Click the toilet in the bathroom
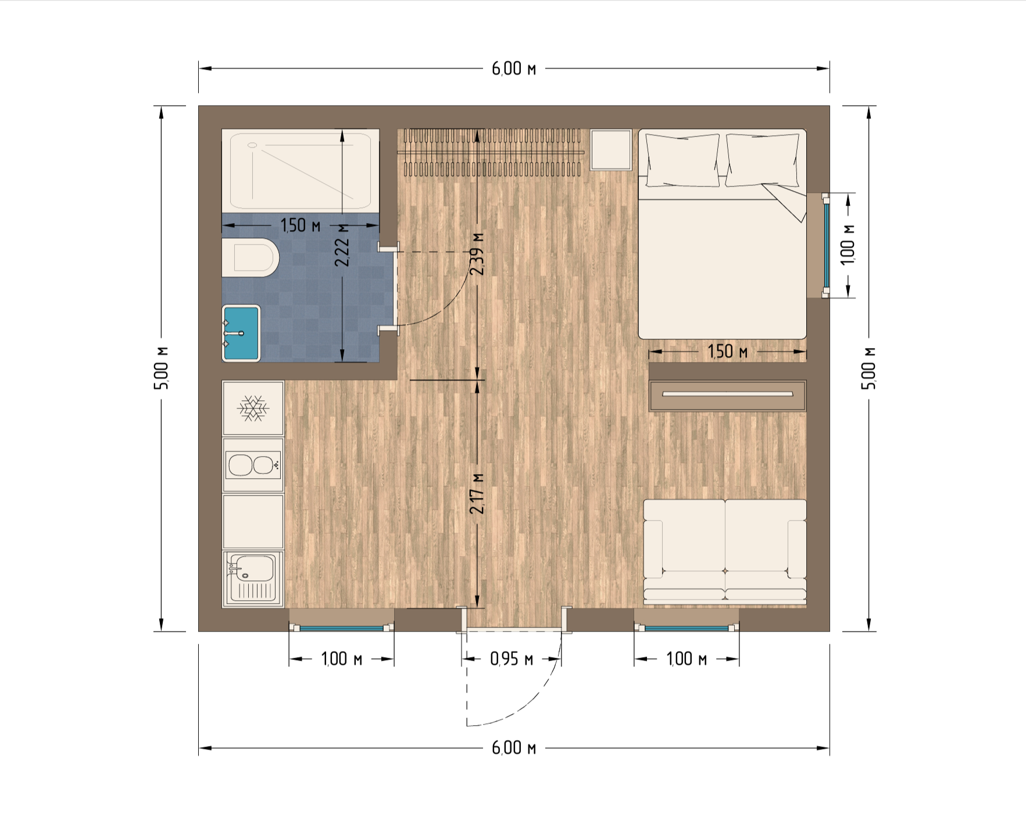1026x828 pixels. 251,257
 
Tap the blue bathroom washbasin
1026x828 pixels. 241,333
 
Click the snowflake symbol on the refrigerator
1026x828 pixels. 253,408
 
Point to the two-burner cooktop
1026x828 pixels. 253,465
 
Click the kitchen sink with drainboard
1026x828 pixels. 253,578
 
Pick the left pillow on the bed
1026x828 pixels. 683,160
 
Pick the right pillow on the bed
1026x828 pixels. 763,160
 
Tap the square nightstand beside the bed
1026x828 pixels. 611,149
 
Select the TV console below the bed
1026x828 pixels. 727,396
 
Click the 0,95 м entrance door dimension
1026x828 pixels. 512,659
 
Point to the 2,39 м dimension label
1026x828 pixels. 477,254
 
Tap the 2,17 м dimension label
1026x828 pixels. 477,493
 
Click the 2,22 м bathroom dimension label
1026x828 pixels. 342,245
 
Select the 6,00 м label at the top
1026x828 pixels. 514,69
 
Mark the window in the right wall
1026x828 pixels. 826,245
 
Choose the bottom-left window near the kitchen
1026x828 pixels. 342,628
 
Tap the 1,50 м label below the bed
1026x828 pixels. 727,352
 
